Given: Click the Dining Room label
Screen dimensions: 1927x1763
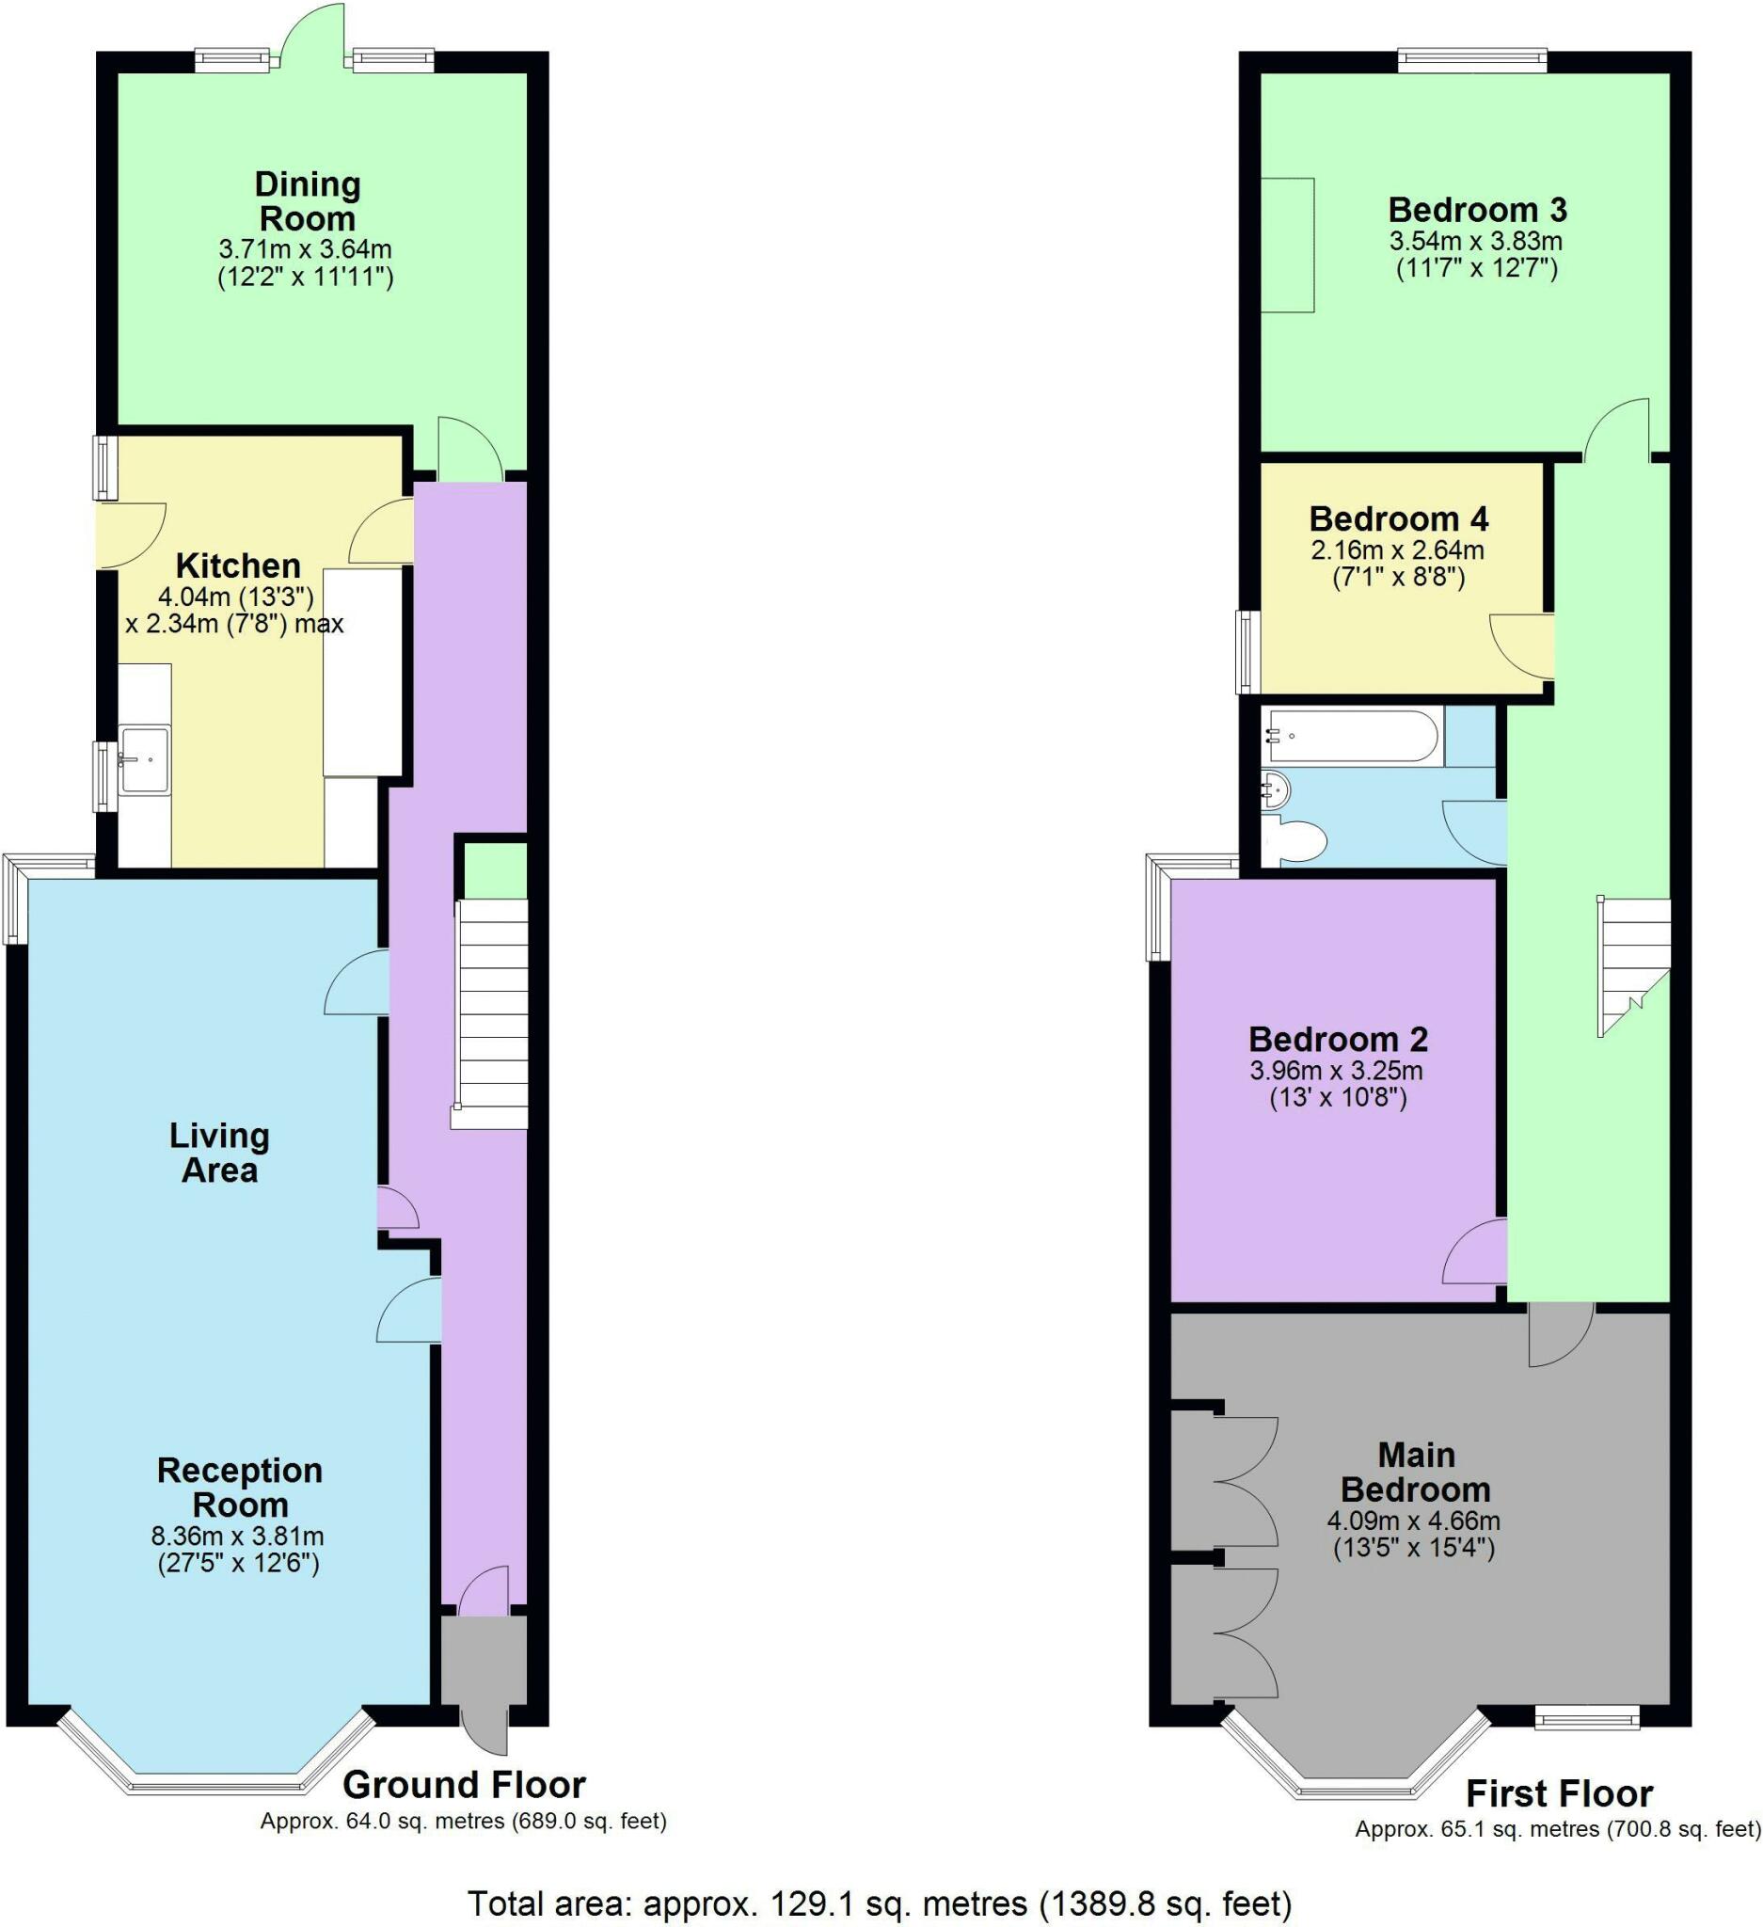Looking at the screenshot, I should [x=307, y=200].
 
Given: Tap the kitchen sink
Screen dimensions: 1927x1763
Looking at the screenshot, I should [x=145, y=759].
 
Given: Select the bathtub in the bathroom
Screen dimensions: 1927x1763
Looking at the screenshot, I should [x=1351, y=736].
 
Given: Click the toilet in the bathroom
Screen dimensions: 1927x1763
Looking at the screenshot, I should [x=1299, y=841].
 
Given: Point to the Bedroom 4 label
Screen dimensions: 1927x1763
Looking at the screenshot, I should [x=1398, y=519].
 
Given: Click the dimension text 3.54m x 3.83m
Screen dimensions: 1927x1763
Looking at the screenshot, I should [x=1476, y=241].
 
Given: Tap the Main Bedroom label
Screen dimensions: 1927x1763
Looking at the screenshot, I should [x=1415, y=1472].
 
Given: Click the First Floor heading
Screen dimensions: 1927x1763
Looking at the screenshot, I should [x=1559, y=1793].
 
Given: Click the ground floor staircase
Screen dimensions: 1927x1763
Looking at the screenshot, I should [x=490, y=1013].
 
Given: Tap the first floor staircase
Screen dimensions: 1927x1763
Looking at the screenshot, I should [x=1634, y=965].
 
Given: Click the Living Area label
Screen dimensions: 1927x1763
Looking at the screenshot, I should [x=220, y=1153].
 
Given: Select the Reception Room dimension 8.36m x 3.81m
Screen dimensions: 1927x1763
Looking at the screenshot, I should [x=238, y=1537].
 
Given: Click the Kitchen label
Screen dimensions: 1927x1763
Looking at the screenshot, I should [x=238, y=565].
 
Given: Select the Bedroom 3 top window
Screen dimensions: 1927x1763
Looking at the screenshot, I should [x=1471, y=60].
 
